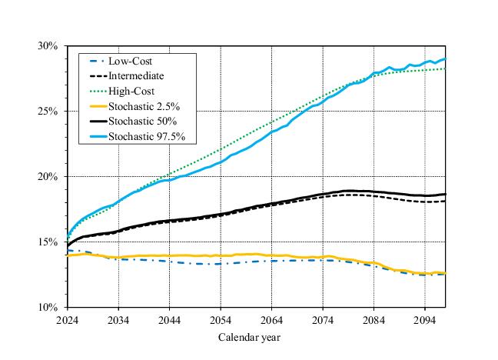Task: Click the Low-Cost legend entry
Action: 130,61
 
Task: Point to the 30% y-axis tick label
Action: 48,46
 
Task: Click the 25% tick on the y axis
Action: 48,112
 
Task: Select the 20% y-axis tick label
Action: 48,177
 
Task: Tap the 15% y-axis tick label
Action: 48,242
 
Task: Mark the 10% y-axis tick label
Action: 48,308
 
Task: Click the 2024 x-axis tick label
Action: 68,319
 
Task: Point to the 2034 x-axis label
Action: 118,319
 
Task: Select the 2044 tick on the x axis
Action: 170,319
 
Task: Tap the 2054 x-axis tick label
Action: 221,319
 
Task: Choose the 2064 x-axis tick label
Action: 272,319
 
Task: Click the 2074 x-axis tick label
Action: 324,319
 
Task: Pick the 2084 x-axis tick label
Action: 374,319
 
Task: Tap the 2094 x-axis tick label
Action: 426,319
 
